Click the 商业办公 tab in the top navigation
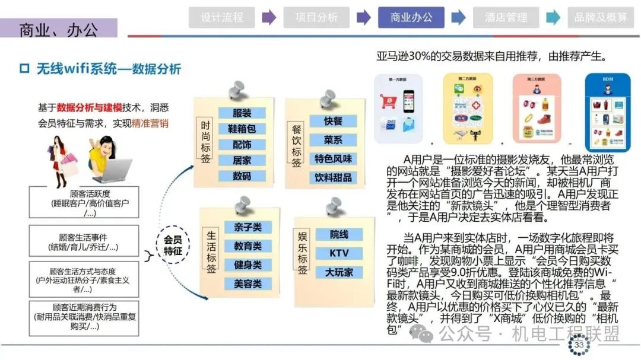[411, 18]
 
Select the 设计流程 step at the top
[222, 18]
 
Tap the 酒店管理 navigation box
[506, 18]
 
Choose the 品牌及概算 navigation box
[601, 18]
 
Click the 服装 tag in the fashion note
[242, 113]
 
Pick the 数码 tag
[242, 176]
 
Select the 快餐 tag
[333, 121]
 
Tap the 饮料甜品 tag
[333, 177]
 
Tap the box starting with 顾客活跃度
[84, 203]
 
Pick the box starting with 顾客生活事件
[84, 241]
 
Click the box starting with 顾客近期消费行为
[84, 317]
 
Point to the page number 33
[579, 345]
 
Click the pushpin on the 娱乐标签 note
[334, 208]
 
